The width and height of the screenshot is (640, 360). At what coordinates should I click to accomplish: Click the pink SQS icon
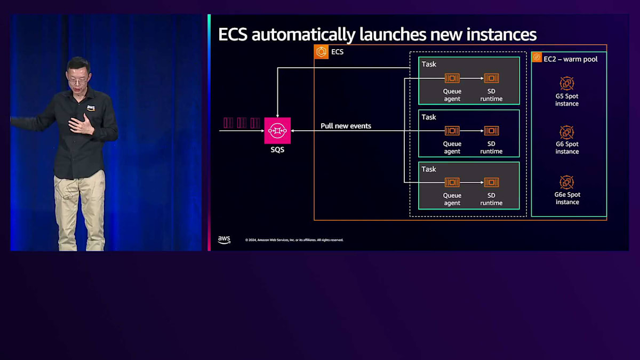pyautogui.click(x=277, y=131)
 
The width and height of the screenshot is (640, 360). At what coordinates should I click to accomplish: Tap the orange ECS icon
pyautogui.click(x=322, y=52)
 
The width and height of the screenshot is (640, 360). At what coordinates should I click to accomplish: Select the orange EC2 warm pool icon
pyautogui.click(x=537, y=58)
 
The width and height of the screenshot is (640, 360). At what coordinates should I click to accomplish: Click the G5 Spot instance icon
pyautogui.click(x=566, y=83)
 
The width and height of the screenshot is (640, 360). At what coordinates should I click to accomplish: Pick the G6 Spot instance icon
pyautogui.click(x=566, y=132)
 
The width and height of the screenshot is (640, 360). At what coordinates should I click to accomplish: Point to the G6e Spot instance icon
pyautogui.click(x=566, y=182)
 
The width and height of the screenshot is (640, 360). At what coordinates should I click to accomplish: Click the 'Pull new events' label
pyautogui.click(x=346, y=126)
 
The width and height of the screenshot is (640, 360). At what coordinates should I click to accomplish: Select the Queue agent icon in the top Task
pyautogui.click(x=452, y=78)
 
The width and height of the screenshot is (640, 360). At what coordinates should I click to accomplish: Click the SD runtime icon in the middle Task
pyautogui.click(x=491, y=131)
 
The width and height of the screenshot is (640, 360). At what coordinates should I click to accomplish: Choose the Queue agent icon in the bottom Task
pyautogui.click(x=452, y=182)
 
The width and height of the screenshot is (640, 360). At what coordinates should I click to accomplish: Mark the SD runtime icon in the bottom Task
pyautogui.click(x=491, y=182)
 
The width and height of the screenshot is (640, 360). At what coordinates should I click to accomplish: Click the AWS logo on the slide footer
pyautogui.click(x=224, y=239)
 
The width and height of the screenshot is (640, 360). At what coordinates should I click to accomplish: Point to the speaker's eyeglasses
pyautogui.click(x=78, y=80)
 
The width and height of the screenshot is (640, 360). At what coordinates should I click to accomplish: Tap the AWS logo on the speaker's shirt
pyautogui.click(x=91, y=108)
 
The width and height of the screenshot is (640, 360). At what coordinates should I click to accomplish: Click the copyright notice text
pyautogui.click(x=294, y=240)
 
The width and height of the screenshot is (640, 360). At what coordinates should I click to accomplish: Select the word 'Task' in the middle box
pyautogui.click(x=429, y=117)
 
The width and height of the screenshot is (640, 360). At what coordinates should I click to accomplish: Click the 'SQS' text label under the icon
pyautogui.click(x=277, y=150)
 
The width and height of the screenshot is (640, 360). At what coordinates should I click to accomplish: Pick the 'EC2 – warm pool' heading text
pyautogui.click(x=570, y=59)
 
